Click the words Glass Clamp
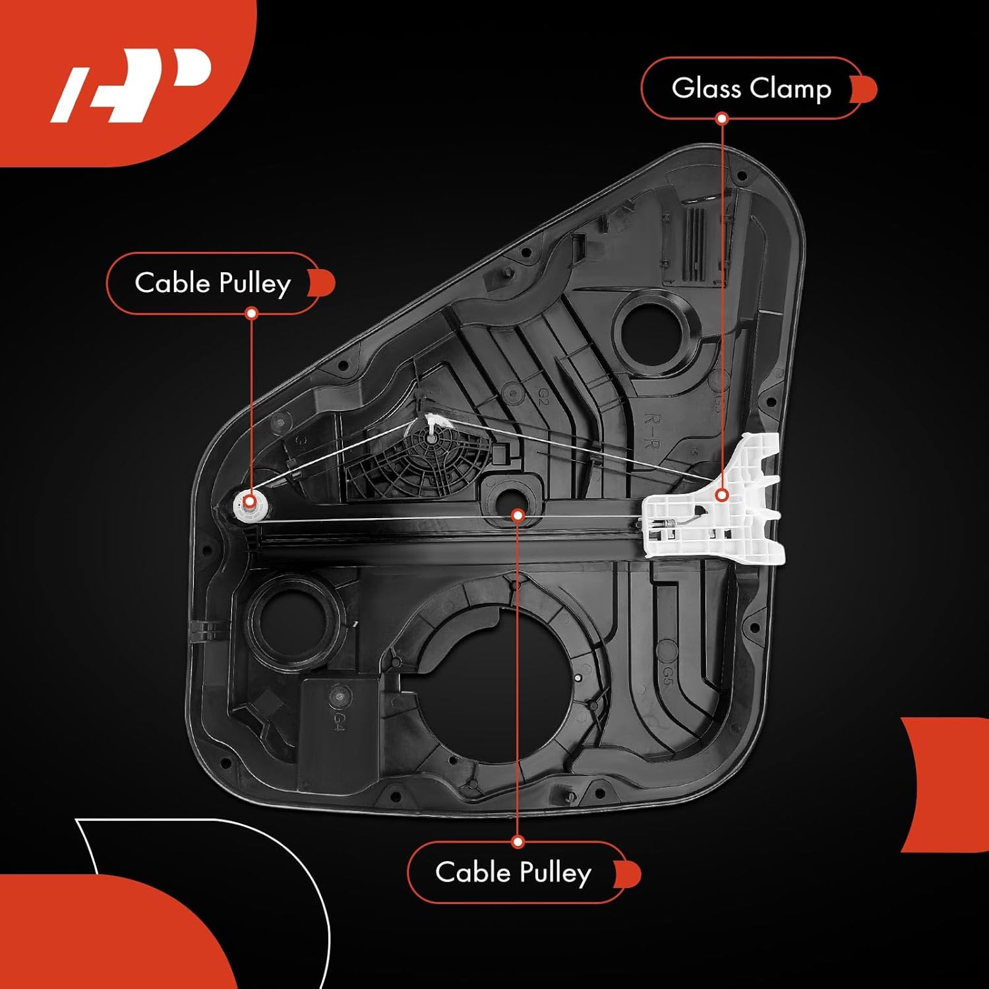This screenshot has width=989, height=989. [751, 88]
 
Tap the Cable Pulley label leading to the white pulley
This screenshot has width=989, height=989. [212, 283]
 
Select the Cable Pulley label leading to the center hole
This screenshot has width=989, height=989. [513, 872]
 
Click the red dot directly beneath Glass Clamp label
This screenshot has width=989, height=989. [722, 119]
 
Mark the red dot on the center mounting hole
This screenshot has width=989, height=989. [518, 514]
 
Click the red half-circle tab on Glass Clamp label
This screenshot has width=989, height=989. [865, 89]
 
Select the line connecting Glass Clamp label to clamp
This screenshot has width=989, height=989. [722, 297]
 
